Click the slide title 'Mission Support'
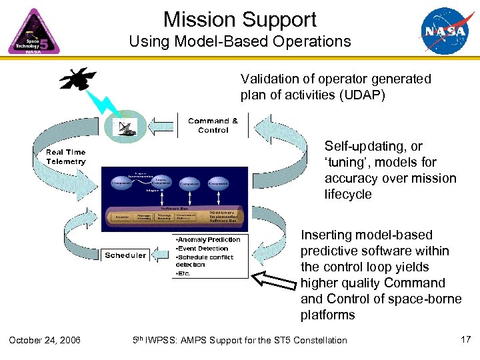pos(240,19)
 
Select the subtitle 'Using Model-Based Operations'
pos(240,41)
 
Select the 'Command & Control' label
pos(213,125)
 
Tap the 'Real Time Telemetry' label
pos(66,157)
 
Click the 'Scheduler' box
pos(125,255)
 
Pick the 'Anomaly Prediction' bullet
pos(209,239)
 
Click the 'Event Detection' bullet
pos(203,248)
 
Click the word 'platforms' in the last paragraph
pos(327,315)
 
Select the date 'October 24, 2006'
pos(45,341)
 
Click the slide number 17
pos(466,340)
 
